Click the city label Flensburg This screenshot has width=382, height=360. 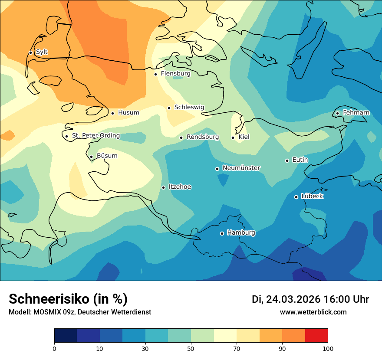pos(175,74)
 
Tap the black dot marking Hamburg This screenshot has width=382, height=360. pos(222,233)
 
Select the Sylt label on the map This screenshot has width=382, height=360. pos(42,52)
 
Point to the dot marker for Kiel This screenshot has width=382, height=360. pos(233,137)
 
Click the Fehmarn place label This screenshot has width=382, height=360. pos(356,113)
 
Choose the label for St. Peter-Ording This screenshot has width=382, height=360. pos(95,136)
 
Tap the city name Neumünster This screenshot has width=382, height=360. pos(241,168)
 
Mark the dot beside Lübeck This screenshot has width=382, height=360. pos(296,197)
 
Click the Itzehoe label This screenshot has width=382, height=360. pos(180,187)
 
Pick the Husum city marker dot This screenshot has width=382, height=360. pos(112,113)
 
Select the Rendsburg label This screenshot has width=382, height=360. pos(203,137)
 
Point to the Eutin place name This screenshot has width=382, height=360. pos(300,160)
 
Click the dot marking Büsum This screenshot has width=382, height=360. pos(91,157)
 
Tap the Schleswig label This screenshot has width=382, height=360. pos(189,107)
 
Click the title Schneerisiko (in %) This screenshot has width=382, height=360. pos(68,299)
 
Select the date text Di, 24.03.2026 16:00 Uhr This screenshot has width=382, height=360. pos(310,299)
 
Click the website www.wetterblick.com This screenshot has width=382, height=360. pos(313,312)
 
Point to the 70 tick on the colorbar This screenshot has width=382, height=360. pos(237,348)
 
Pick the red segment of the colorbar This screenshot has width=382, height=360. pos(316,336)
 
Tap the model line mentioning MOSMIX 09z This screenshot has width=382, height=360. pos(80,312)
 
